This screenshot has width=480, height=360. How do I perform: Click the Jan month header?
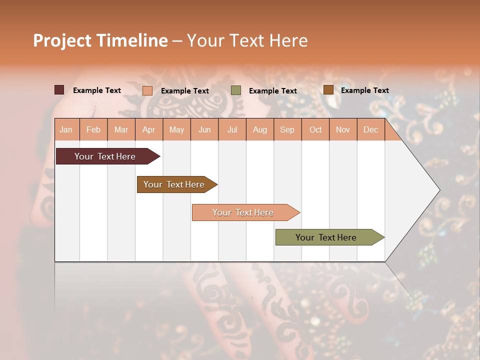coord(66,129)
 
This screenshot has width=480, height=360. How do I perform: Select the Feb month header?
coord(93,129)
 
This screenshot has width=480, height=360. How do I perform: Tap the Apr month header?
coord(148,129)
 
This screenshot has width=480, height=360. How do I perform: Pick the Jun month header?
coord(204,129)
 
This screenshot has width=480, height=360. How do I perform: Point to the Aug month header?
coord(259,129)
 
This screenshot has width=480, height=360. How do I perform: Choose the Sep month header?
coord(287,129)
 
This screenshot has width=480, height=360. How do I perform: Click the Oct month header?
coord(315,129)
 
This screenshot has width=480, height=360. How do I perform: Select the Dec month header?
coord(370,129)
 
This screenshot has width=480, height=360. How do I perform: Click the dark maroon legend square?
coord(59,90)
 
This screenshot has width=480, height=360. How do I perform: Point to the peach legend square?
coord(147,90)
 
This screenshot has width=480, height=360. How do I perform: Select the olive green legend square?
coord(236,90)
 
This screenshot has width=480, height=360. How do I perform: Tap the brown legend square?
coord(328,90)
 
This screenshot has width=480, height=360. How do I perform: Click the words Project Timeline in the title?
coord(100,40)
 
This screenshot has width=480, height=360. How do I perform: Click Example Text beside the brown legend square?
coord(364,90)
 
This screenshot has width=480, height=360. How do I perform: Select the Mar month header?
coord(121,129)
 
